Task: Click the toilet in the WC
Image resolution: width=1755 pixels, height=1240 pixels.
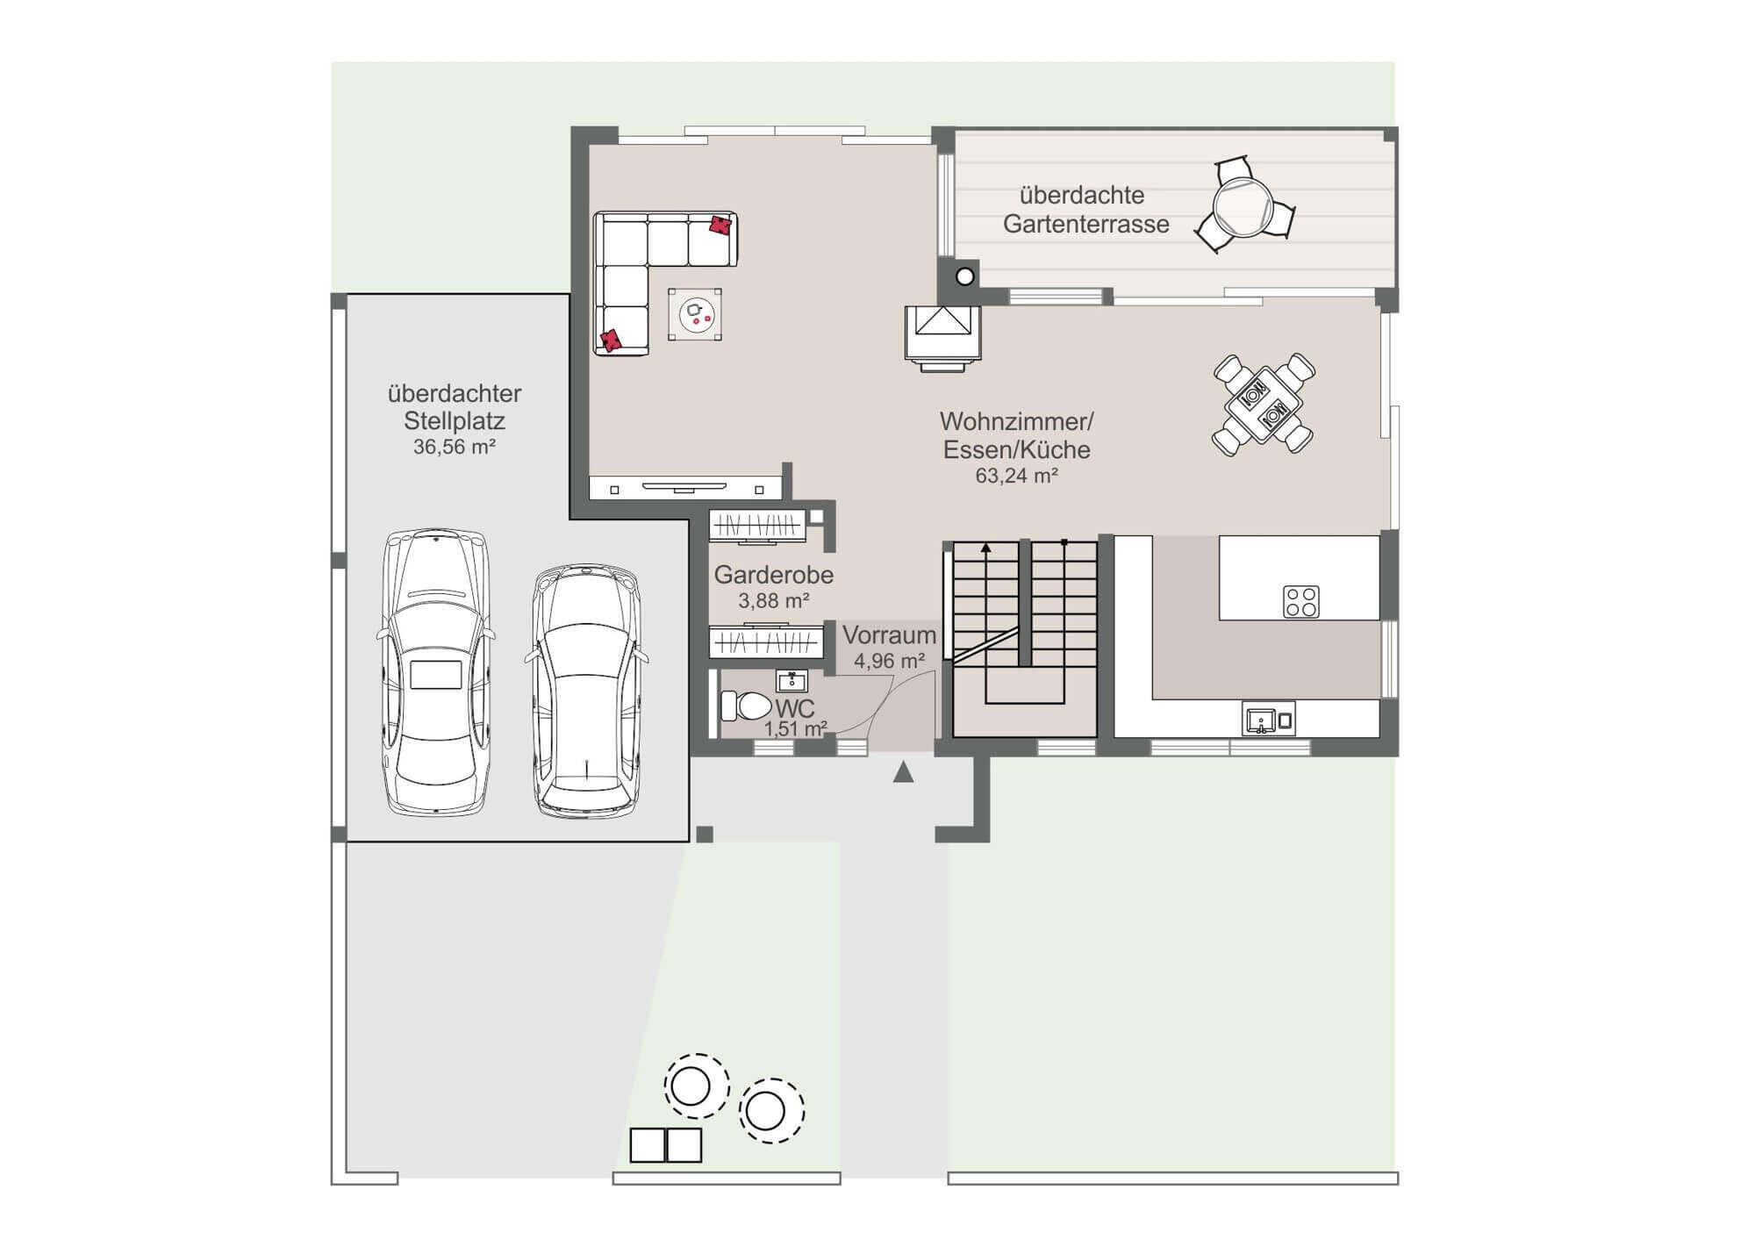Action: [x=745, y=706]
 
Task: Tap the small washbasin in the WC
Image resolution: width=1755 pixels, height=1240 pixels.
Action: [x=792, y=681]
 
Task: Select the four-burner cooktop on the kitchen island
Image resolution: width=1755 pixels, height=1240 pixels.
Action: [x=1300, y=602]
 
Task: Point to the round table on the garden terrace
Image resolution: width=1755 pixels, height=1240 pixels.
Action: [x=1243, y=207]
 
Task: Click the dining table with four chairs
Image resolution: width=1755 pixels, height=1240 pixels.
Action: [x=1264, y=405]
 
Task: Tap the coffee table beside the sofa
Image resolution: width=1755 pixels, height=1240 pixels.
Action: [x=695, y=314]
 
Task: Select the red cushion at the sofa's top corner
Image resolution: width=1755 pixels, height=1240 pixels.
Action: [x=720, y=225]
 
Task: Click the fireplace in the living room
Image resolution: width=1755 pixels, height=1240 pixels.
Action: [x=943, y=337]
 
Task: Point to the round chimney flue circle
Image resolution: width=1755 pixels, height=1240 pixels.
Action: [x=964, y=276]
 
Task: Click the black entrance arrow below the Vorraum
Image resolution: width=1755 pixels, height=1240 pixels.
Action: [x=903, y=772]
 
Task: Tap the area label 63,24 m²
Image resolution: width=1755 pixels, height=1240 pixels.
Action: [x=1016, y=476]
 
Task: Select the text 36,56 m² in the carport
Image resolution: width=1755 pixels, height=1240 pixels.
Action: [x=455, y=447]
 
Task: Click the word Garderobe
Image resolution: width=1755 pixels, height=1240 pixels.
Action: [x=773, y=575]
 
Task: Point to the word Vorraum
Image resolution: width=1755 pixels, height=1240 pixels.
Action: [x=889, y=634]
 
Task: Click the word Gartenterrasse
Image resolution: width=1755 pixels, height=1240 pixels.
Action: [x=1086, y=224]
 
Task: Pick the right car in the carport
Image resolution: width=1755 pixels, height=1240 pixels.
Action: [x=586, y=691]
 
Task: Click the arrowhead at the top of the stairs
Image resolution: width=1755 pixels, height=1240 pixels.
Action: [x=986, y=548]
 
